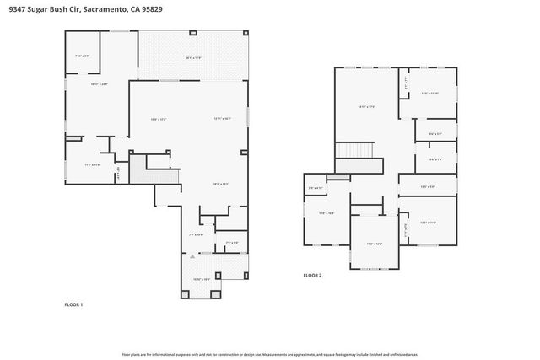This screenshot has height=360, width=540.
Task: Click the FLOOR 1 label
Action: [x=74, y=304]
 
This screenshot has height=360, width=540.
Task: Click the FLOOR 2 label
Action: [x=312, y=275]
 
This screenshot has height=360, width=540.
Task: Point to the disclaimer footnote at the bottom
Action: [x=270, y=355]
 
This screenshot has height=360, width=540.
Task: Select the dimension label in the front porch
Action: [x=202, y=279]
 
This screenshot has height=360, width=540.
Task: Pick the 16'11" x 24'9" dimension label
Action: [x=99, y=84]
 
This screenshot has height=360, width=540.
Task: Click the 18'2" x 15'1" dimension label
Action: [x=221, y=184]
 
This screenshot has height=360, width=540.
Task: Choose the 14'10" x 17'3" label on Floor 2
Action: [x=366, y=106]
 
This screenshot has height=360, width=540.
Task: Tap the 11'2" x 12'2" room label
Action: [x=375, y=244]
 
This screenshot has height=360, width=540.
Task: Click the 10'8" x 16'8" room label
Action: [x=327, y=213]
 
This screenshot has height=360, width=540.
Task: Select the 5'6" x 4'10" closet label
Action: [x=315, y=187]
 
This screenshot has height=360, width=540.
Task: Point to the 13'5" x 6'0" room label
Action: [x=428, y=187]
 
